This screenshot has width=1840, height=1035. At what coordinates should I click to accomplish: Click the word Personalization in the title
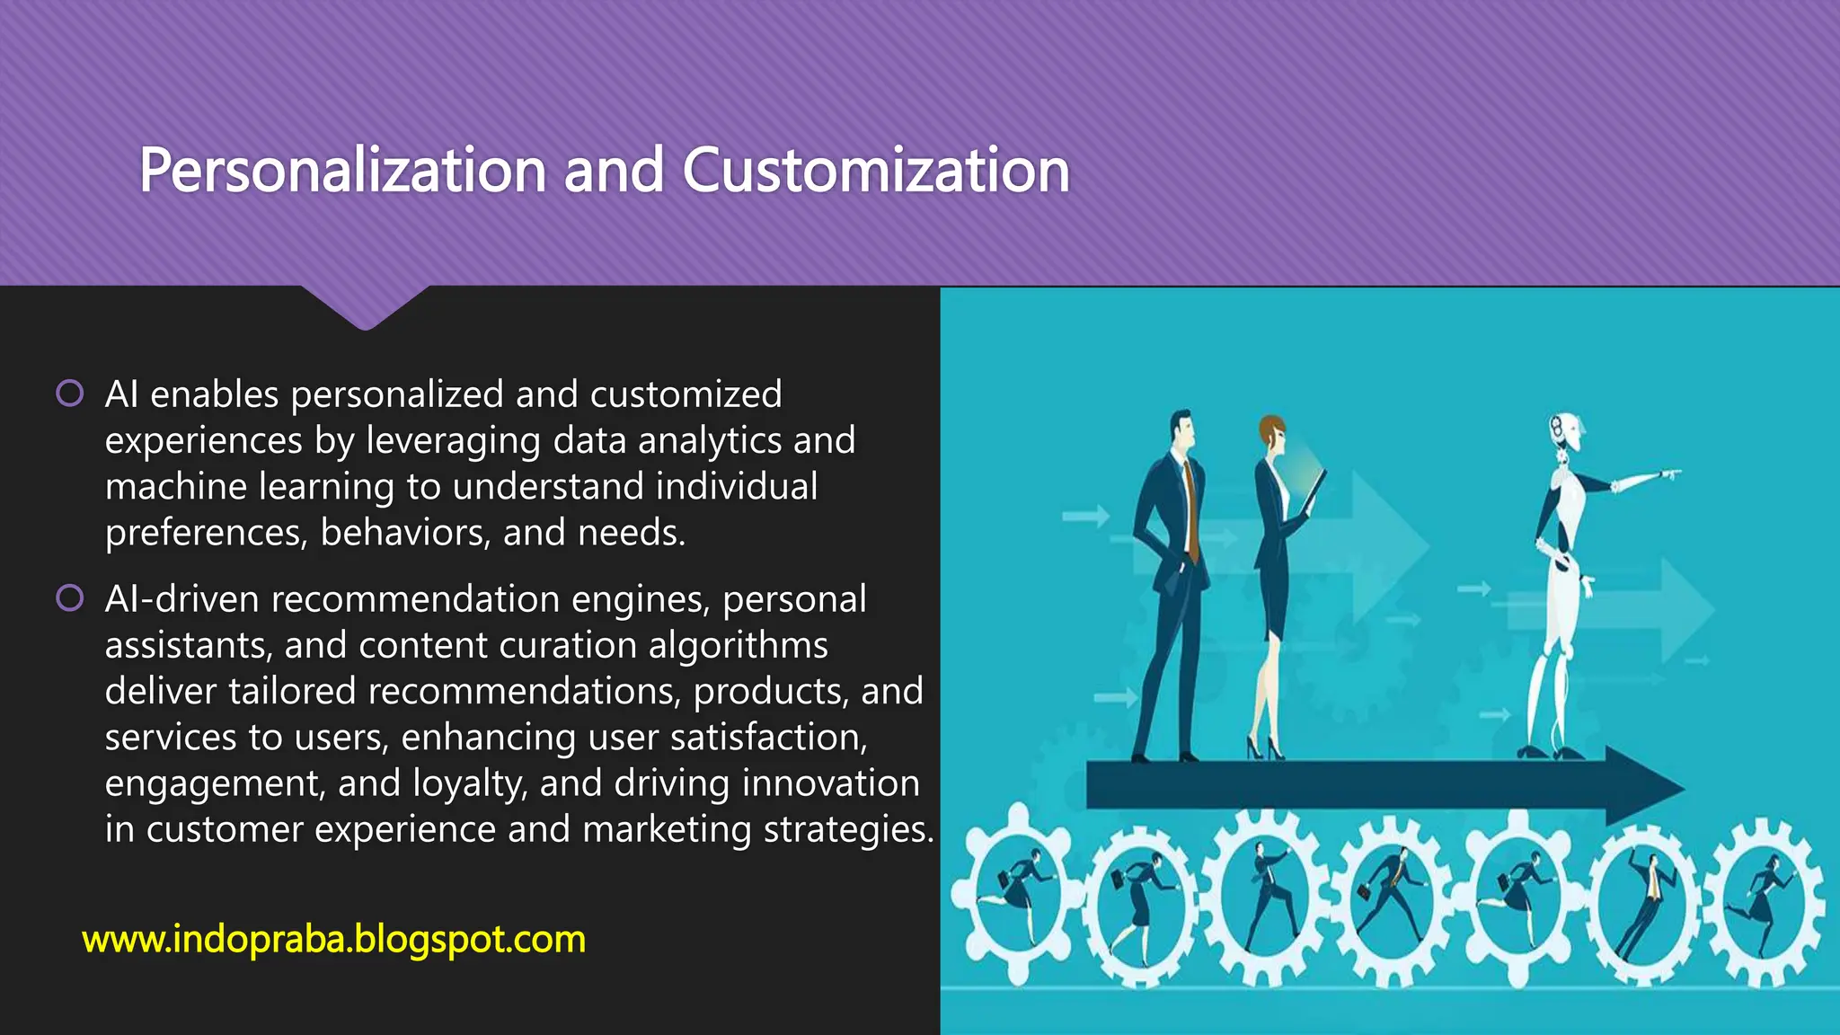coord(342,170)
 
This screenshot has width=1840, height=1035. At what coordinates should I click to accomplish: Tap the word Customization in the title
coord(876,170)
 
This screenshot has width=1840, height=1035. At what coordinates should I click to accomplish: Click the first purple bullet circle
coord(70,393)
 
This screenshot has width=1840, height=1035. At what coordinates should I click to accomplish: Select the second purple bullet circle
coord(70,597)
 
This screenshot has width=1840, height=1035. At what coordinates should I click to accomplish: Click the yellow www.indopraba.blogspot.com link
coord(333,940)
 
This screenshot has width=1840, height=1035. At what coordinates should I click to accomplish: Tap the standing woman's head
coord(1271,435)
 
